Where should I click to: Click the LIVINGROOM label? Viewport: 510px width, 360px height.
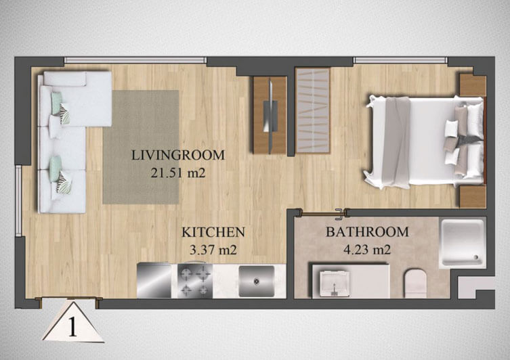[178, 156]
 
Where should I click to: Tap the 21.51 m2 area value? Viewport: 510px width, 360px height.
[178, 173]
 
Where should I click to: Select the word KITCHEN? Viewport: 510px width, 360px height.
[213, 232]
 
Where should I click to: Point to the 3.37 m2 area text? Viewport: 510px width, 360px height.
[213, 250]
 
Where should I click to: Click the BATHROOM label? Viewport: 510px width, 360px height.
[367, 232]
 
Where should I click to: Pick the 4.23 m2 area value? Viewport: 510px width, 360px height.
[367, 250]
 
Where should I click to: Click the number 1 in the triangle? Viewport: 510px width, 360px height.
[72, 328]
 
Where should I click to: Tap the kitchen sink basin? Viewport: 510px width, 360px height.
[257, 281]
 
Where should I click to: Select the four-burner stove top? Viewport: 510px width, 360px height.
[195, 281]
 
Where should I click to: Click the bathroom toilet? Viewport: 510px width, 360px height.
[415, 283]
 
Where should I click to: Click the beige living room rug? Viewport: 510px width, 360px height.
[141, 148]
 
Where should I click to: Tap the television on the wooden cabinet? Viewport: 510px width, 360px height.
[270, 116]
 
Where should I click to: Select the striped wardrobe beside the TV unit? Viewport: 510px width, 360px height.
[312, 110]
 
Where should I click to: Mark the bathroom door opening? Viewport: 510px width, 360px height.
[322, 213]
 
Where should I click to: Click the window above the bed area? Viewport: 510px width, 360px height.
[400, 60]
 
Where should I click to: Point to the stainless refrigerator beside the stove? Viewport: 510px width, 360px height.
[154, 281]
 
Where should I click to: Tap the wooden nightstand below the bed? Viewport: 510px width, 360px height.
[472, 196]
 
